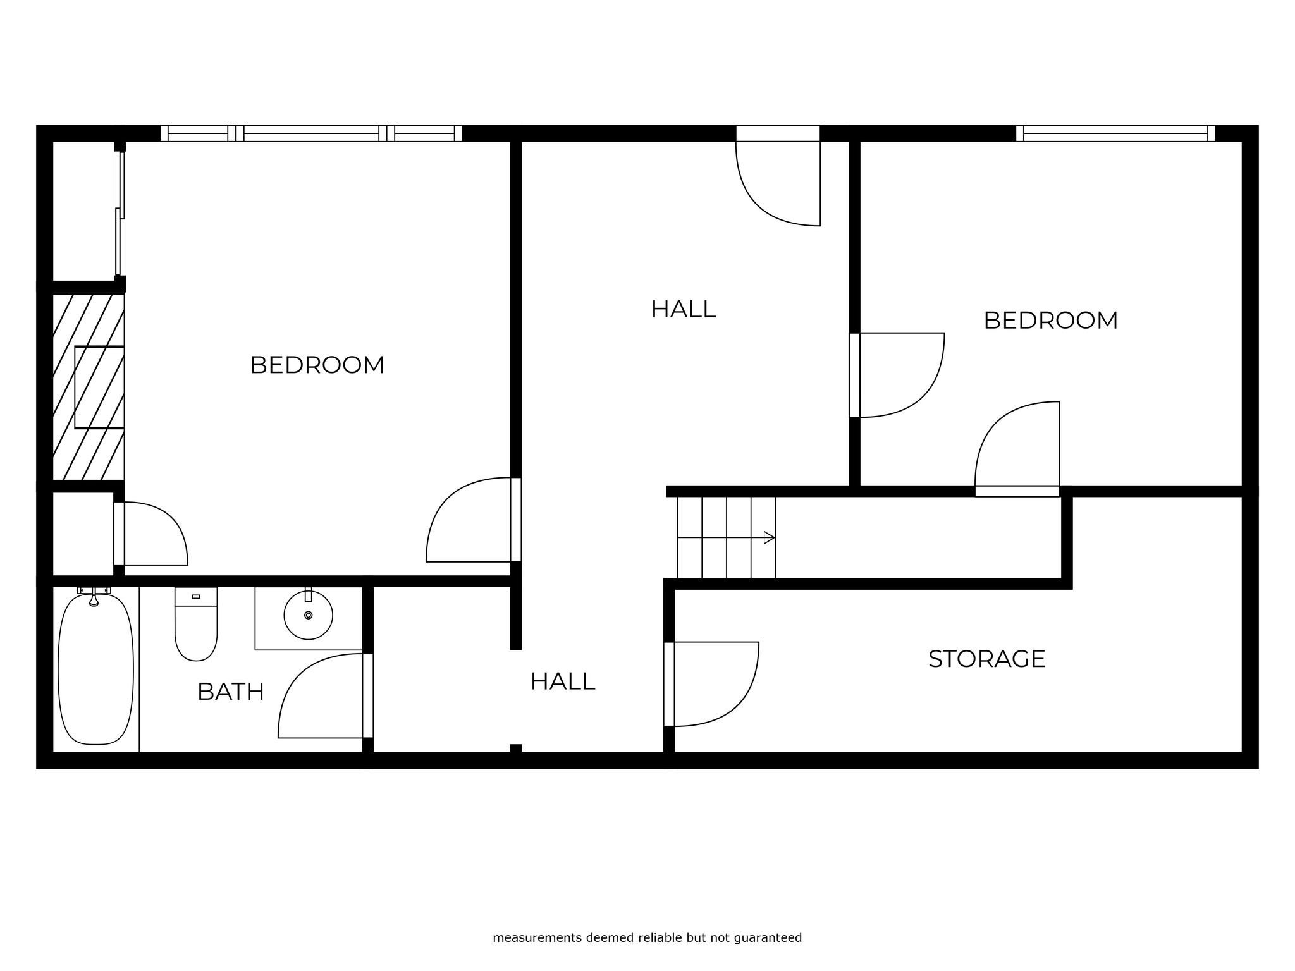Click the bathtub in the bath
95,669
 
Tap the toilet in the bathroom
196,624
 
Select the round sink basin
308,614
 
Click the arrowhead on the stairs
770,538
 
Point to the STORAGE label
986,659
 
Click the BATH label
230,692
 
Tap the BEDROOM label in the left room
317,365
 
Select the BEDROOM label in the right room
1050,321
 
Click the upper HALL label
683,309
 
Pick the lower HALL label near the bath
562,681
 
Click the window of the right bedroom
1115,133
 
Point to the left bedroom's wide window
311,133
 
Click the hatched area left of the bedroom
88,387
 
